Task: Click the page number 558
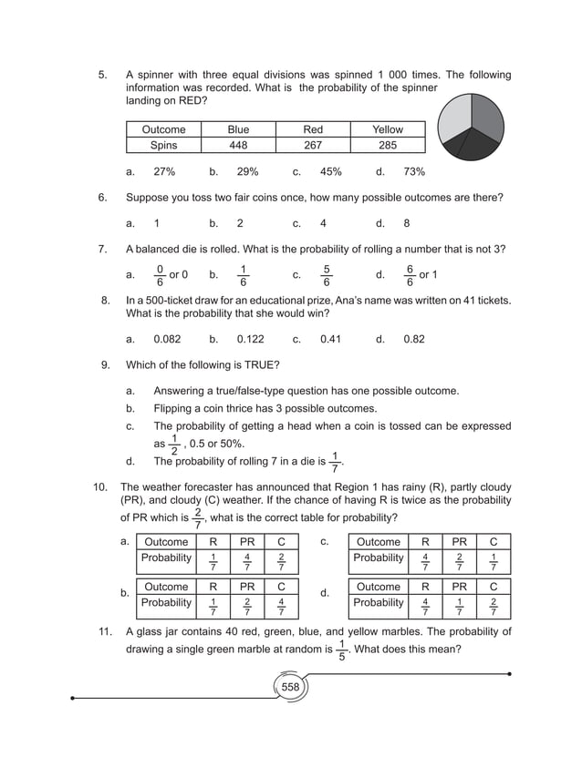tap(290, 687)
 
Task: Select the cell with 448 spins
tap(238, 145)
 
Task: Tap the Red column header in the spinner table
tap(312, 129)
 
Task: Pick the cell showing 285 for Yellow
tap(388, 145)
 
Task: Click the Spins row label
tap(163, 145)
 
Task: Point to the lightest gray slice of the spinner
tap(454, 128)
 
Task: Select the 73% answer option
tap(414, 171)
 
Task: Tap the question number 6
tap(103, 197)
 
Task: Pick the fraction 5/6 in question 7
tap(327, 274)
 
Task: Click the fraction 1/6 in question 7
tap(243, 274)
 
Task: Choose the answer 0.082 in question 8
tap(167, 339)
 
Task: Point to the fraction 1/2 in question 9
tap(174, 445)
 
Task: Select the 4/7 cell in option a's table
tap(246, 560)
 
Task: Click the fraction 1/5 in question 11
tap(342, 650)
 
